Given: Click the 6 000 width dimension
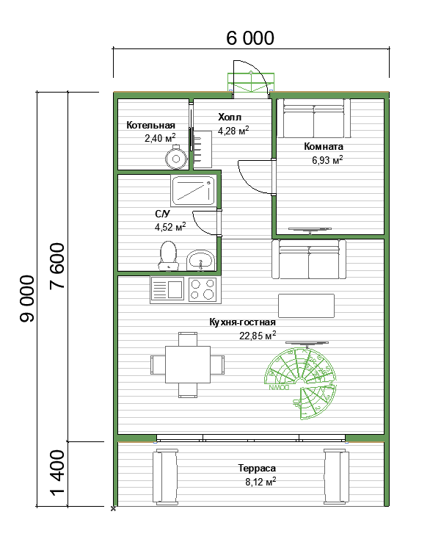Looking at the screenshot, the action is click(x=250, y=38).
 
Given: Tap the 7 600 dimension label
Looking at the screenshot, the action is click(x=57, y=266).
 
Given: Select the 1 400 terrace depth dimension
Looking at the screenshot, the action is click(x=57, y=472).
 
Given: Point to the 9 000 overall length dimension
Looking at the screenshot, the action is click(x=27, y=299).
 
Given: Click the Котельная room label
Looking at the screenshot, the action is click(x=150, y=125).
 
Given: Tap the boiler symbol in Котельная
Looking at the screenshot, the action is click(x=176, y=158).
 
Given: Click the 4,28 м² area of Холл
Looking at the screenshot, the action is click(x=233, y=131).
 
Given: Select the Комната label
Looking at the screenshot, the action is click(x=324, y=146).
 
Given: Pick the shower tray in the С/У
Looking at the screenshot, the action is click(x=194, y=190).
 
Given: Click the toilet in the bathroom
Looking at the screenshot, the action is click(x=169, y=256).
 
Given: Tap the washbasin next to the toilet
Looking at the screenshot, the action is click(x=200, y=260).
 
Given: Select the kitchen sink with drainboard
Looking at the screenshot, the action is click(x=167, y=289).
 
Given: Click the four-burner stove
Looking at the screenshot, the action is click(x=203, y=289).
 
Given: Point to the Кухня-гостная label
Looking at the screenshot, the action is click(x=242, y=322).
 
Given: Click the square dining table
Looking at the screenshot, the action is click(x=188, y=364).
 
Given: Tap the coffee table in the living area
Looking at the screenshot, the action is click(x=306, y=306).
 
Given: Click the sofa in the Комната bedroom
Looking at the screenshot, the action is click(x=313, y=118).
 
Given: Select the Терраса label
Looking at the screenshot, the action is click(x=257, y=468).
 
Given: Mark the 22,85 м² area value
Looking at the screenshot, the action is click(x=258, y=336).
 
